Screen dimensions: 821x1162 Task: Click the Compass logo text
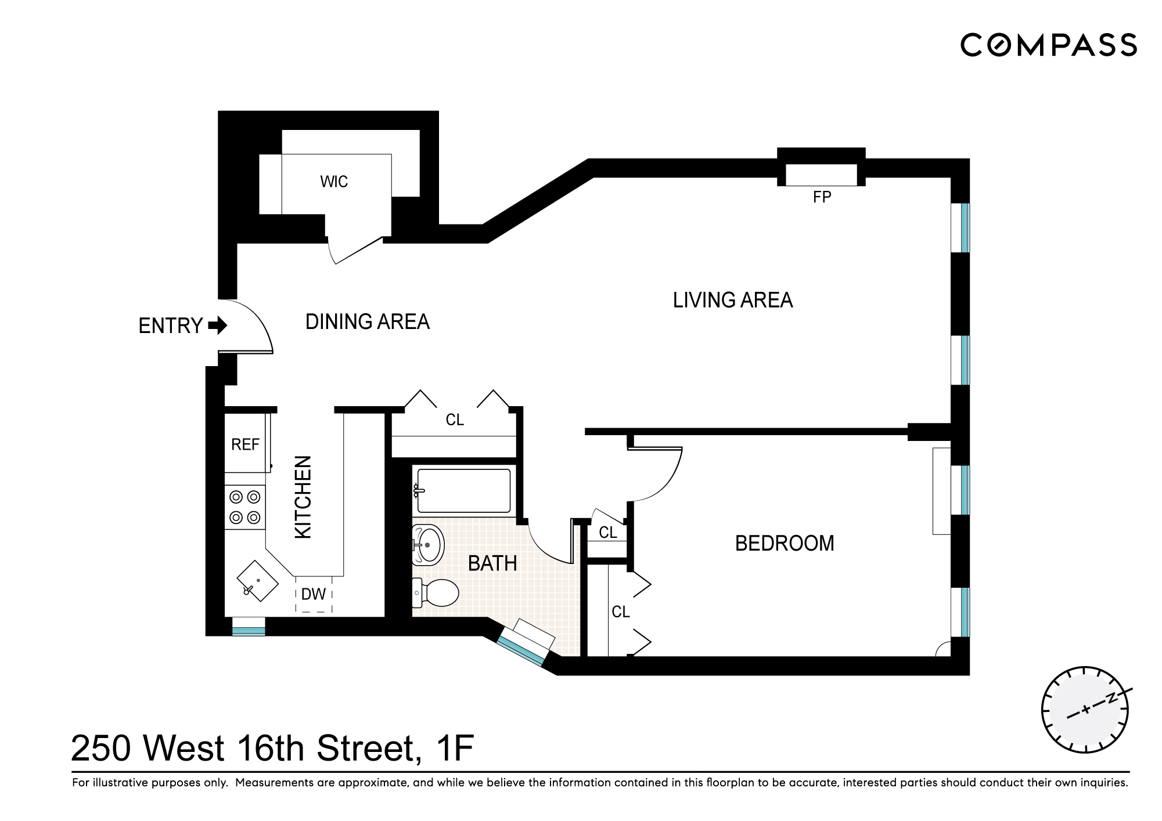[1048, 45]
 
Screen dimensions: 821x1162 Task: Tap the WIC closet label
[334, 182]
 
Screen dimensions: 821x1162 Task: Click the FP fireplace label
[822, 197]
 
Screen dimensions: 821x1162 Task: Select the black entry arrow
[218, 325]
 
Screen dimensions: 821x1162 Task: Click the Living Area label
[732, 300]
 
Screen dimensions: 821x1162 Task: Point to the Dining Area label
[367, 321]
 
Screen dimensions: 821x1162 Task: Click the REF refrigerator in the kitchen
[246, 444]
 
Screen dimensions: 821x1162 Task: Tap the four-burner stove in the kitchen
[245, 507]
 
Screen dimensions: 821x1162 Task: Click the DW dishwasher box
[314, 594]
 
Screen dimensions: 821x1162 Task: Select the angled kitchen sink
[258, 581]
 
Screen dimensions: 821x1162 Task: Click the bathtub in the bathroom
[463, 491]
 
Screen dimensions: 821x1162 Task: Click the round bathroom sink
[429, 545]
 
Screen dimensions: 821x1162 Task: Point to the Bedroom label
[784, 544]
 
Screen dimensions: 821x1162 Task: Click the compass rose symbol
[1085, 710]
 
